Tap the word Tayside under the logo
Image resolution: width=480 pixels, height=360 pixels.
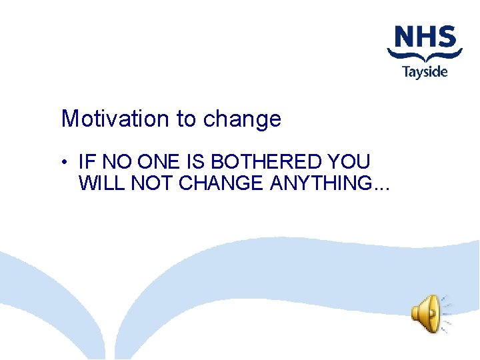pyautogui.click(x=425, y=71)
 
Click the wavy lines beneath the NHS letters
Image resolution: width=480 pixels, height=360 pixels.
pyautogui.click(x=425, y=55)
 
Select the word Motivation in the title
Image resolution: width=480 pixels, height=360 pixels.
pyautogui.click(x=115, y=119)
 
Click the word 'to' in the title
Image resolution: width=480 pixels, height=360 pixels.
pyautogui.click(x=186, y=119)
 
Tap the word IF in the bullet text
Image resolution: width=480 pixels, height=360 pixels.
pyautogui.click(x=86, y=162)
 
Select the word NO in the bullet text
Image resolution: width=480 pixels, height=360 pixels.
pyautogui.click(x=111, y=162)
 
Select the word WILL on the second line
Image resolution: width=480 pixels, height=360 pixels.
pyautogui.click(x=102, y=183)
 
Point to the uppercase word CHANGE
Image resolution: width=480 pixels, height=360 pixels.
pyautogui.click(x=221, y=183)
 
